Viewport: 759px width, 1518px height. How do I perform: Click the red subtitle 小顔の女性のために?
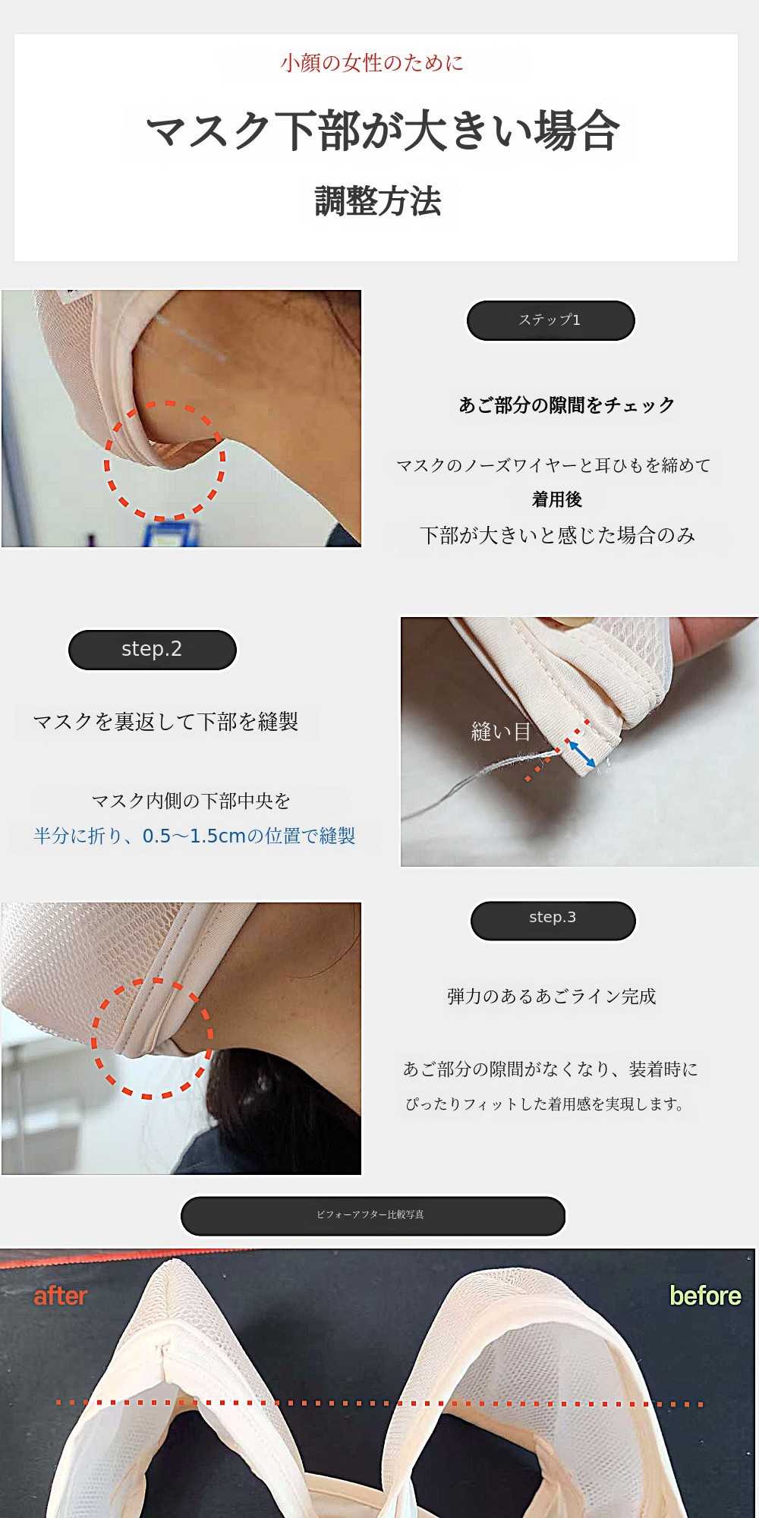tap(372, 62)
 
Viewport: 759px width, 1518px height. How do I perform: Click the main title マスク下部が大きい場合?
tap(383, 131)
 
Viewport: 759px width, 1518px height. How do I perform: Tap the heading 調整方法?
tap(378, 201)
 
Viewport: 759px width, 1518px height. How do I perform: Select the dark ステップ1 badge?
tap(550, 320)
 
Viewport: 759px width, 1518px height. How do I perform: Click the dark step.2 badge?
tap(153, 650)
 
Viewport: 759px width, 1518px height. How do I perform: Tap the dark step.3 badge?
tap(553, 920)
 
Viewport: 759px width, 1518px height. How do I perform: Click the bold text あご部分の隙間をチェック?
tap(566, 405)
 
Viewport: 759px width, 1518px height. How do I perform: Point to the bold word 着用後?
tap(557, 499)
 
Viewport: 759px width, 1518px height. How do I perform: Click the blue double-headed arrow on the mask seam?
tap(582, 754)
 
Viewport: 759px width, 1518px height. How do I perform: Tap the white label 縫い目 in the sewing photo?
tap(501, 732)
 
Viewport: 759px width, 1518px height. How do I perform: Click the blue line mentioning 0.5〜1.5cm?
tap(194, 836)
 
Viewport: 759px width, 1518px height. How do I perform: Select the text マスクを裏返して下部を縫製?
tap(165, 721)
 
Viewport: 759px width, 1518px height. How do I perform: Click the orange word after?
tap(60, 1296)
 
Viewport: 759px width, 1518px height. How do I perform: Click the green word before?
tap(705, 1296)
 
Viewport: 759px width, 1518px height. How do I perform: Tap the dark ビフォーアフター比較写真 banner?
tap(373, 1216)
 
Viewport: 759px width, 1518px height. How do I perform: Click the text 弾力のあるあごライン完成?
tap(552, 996)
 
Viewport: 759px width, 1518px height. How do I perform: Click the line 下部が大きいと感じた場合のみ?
tap(558, 535)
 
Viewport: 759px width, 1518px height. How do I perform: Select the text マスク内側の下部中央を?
tap(191, 801)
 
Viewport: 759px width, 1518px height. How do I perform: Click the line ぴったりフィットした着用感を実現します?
tap(545, 1104)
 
